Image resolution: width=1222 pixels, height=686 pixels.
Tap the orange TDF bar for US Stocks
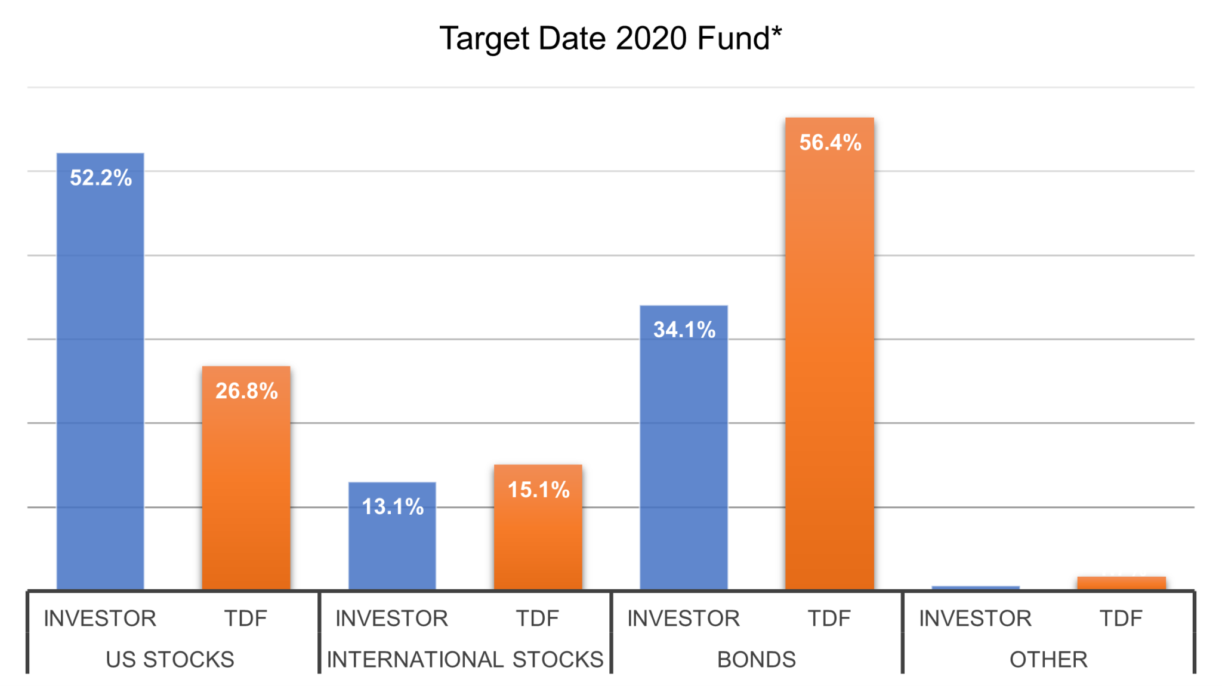[x=246, y=490]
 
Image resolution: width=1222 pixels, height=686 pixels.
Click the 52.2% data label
[x=100, y=178]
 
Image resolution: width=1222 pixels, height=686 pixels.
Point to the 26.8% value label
[x=246, y=391]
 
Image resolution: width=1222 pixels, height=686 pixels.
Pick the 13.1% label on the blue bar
[x=392, y=507]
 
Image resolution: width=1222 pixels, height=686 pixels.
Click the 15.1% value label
[x=538, y=490]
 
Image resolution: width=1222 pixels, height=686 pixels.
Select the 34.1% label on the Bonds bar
[x=684, y=330]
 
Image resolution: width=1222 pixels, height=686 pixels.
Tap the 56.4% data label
[x=830, y=143]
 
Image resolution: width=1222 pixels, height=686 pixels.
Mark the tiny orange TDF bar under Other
[x=1121, y=583]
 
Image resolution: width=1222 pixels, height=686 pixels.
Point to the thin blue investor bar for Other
[x=975, y=587]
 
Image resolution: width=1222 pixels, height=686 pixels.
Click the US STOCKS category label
[x=170, y=660]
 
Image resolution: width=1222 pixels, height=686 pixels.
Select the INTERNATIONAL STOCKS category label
[x=465, y=660]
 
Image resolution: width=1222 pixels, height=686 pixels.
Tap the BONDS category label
[x=756, y=660]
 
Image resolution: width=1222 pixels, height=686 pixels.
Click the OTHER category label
[x=1048, y=660]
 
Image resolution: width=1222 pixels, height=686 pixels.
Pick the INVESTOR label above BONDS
[x=683, y=619]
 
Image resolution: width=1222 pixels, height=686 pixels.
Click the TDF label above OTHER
[x=1121, y=619]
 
